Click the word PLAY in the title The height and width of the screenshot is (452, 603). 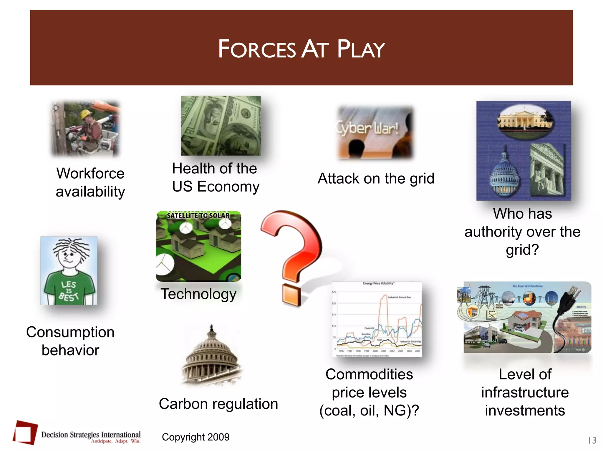point(361,49)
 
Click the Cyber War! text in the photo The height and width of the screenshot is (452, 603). point(368,128)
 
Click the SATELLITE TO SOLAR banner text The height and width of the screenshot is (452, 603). point(198,215)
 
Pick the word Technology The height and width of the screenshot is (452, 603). point(198,294)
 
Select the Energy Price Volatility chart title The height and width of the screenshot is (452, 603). point(378,283)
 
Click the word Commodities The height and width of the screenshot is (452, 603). point(369,375)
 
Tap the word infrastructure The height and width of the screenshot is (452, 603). point(525,393)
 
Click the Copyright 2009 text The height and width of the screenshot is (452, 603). point(196,437)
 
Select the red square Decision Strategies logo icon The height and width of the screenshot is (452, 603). point(25,433)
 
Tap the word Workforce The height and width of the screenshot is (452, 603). point(90,173)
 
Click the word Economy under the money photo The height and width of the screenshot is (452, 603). point(228,187)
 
